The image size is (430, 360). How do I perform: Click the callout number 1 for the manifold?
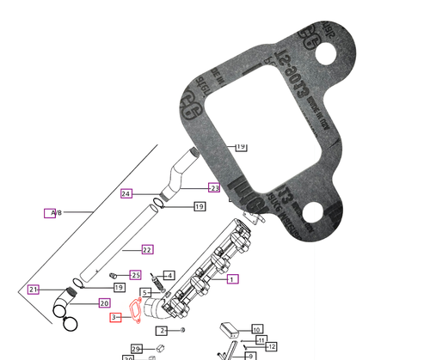click(x=232, y=279)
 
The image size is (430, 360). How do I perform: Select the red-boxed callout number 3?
click(x=115, y=318)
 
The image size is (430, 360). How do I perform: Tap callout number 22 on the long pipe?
click(x=147, y=250)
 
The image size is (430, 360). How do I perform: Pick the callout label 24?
click(x=126, y=193)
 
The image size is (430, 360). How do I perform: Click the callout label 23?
click(x=214, y=187)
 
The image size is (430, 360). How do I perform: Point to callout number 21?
click(x=34, y=288)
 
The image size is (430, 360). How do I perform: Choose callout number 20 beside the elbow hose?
click(x=104, y=303)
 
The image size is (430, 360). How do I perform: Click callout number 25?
click(x=135, y=275)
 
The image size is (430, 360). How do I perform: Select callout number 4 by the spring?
click(x=169, y=276)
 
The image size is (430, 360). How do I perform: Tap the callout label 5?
click(x=146, y=294)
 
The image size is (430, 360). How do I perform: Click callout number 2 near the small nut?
click(x=161, y=331)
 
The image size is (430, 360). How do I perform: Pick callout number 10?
click(x=256, y=329)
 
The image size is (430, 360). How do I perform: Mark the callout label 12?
click(x=271, y=346)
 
